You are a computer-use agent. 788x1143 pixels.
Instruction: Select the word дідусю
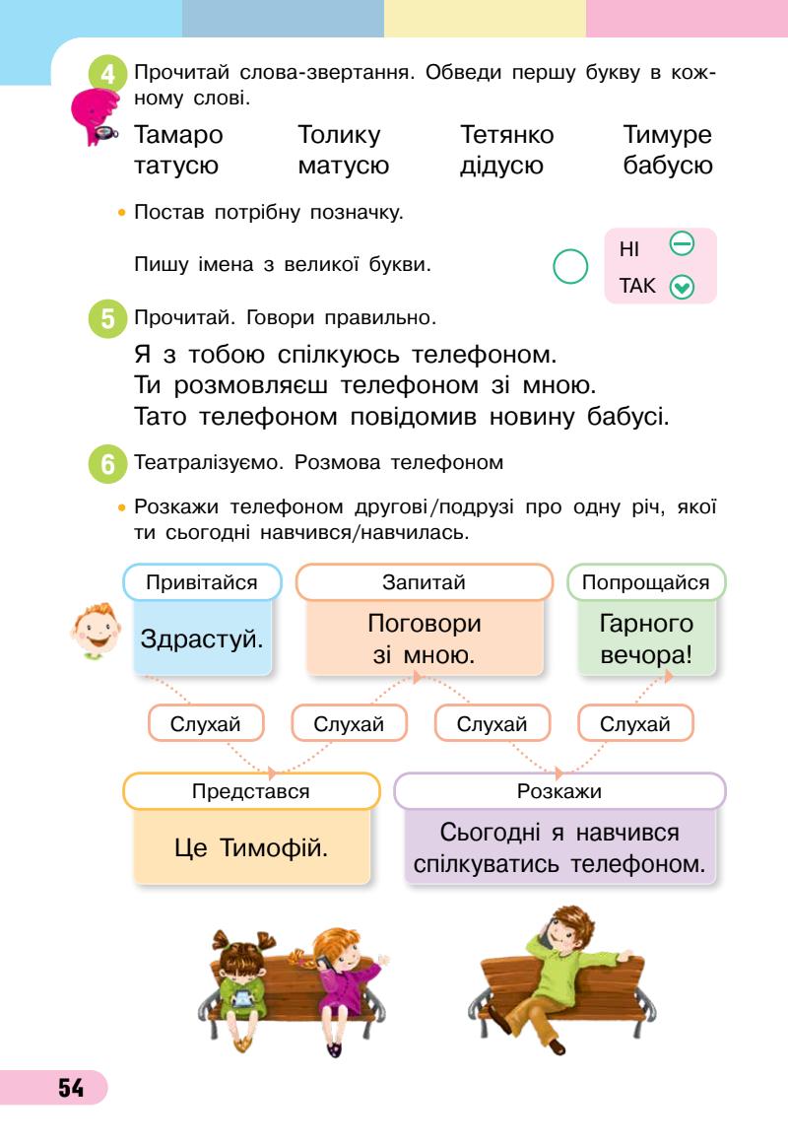[x=501, y=166]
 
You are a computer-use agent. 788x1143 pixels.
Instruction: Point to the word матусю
[x=343, y=166]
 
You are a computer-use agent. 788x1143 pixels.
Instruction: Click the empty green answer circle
[x=571, y=266]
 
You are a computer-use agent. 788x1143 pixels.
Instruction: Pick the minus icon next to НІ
[x=682, y=242]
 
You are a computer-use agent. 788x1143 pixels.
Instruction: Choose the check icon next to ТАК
[x=681, y=288]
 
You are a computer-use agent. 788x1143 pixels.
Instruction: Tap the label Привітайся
[x=202, y=582]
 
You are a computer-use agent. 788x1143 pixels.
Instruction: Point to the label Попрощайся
[x=646, y=582]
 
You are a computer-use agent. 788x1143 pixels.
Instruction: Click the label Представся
[x=251, y=791]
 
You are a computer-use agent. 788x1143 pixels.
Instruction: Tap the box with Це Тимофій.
[x=251, y=845]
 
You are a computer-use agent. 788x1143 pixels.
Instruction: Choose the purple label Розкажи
[x=559, y=791]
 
